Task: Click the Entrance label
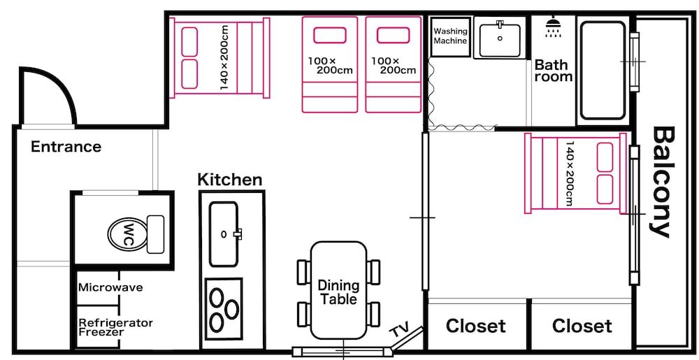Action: [66, 147]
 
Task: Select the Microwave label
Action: [110, 287]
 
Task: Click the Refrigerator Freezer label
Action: [115, 327]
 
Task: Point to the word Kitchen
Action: [229, 180]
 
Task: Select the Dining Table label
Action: [338, 292]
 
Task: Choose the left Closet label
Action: [475, 326]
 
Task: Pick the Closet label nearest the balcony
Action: [582, 326]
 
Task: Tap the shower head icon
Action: [554, 27]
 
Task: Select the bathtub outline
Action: [603, 70]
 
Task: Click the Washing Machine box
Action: [449, 36]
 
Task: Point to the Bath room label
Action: [553, 71]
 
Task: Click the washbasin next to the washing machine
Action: [500, 37]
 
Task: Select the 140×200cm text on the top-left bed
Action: [224, 57]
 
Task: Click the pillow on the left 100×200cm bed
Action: [329, 35]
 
